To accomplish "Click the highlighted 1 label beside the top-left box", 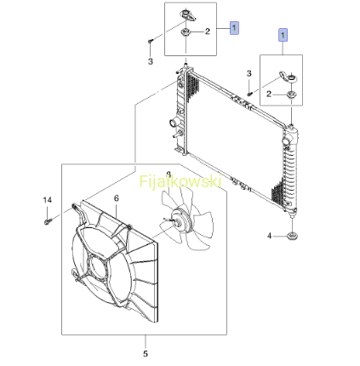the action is point(234,28).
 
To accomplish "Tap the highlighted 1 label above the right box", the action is point(283,35).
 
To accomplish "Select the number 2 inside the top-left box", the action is point(208,31).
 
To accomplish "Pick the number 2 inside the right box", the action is point(269,94).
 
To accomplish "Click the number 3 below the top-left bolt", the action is point(151,61).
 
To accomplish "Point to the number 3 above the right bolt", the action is point(249,73).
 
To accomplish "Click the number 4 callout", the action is point(269,236).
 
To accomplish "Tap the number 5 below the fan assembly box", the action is point(146,354).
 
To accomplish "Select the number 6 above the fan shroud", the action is point(117,198).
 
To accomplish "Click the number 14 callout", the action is point(48,200).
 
